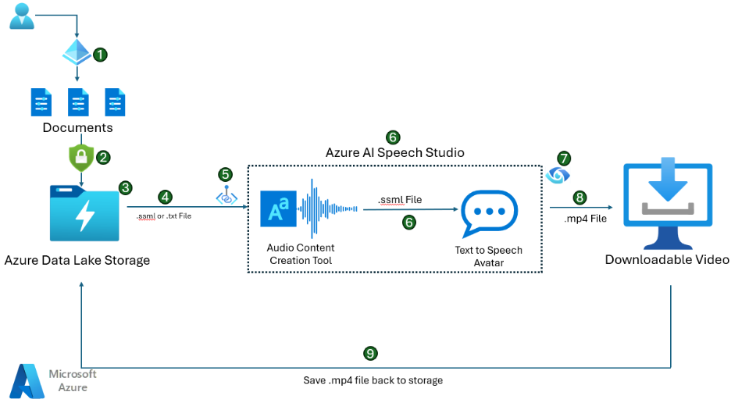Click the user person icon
(x=22, y=16)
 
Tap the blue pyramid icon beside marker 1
(x=77, y=52)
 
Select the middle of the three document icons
(x=78, y=102)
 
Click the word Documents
(x=78, y=128)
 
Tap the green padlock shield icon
(x=81, y=158)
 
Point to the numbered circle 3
(x=125, y=188)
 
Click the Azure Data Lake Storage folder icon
(x=84, y=213)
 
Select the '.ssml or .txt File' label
(x=164, y=216)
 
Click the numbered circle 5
(x=225, y=175)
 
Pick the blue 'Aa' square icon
(x=278, y=208)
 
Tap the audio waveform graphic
(x=328, y=208)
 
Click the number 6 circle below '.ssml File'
(x=409, y=223)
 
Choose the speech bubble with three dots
(x=489, y=213)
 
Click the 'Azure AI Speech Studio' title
(x=395, y=153)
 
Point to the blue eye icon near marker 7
(x=558, y=176)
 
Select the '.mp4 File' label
(x=586, y=219)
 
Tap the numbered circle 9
(x=370, y=353)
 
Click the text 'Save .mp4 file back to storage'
(x=373, y=380)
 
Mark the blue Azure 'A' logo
(x=27, y=381)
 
